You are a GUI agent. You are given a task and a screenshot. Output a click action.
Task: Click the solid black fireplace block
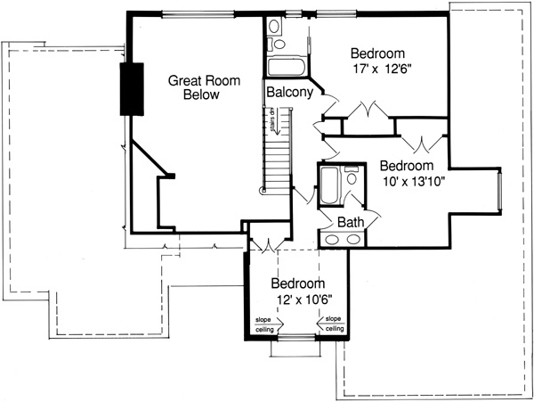pos(132,90)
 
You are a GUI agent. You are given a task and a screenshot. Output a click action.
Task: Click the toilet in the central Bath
pos(352,178)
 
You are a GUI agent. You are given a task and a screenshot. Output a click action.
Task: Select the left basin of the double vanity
pos(332,239)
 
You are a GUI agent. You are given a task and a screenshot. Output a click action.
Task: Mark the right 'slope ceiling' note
pos(334,324)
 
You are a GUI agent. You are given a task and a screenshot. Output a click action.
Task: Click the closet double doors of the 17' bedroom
pos(368,112)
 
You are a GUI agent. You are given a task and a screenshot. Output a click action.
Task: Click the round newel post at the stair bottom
pos(263,188)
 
